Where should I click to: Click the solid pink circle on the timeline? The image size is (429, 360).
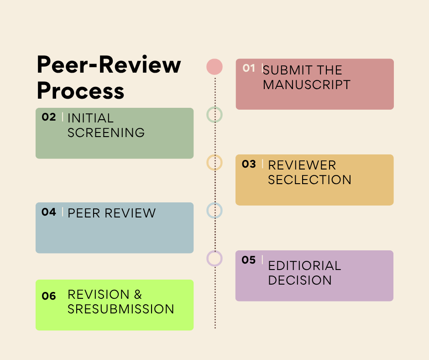(x=214, y=67)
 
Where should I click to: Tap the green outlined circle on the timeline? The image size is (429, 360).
(x=214, y=114)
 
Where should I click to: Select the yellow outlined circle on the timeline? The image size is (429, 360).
(x=214, y=162)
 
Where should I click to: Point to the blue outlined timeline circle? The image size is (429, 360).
(x=214, y=210)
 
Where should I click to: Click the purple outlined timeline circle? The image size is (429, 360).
(x=214, y=258)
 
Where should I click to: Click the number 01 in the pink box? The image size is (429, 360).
(x=249, y=68)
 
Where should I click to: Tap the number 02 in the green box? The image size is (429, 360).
(x=48, y=117)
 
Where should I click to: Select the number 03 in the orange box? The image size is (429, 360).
(x=249, y=164)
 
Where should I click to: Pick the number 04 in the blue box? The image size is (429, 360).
(x=48, y=212)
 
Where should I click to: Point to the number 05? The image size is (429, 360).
(x=249, y=260)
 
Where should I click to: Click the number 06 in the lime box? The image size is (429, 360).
(x=48, y=296)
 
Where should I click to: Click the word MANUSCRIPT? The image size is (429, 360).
(x=307, y=85)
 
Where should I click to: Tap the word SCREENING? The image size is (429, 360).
(x=106, y=133)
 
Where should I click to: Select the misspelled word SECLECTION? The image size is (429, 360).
(x=309, y=180)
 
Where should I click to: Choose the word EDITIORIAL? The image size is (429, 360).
(x=304, y=266)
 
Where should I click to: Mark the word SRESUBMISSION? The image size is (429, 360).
(x=121, y=309)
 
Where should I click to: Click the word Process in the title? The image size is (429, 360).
(x=80, y=90)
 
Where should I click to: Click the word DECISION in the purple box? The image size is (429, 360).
(x=300, y=280)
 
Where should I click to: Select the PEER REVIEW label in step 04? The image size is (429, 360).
(x=111, y=213)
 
